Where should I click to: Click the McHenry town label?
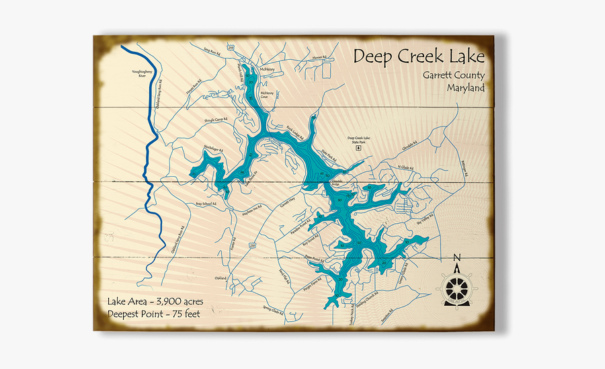(267, 68)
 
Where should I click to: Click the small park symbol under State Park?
(358, 147)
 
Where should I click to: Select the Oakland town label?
(220, 278)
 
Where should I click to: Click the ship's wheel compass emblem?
(456, 288)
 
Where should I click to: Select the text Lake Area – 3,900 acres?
(155, 300)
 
